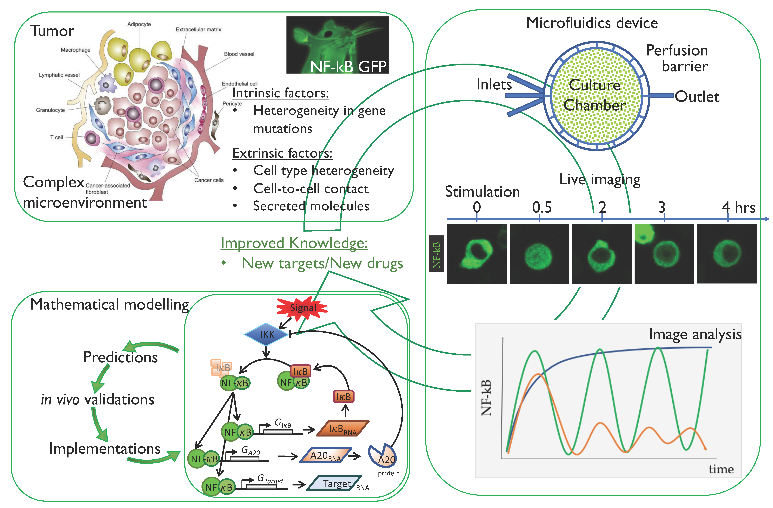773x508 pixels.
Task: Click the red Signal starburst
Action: pos(302,308)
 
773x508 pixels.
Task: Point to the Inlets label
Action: pos(494,85)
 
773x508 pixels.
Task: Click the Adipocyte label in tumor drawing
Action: pos(139,24)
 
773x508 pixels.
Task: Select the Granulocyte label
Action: pos(50,110)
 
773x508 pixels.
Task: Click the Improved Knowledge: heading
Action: pos(294,243)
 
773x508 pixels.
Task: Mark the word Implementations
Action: pos(105,449)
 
